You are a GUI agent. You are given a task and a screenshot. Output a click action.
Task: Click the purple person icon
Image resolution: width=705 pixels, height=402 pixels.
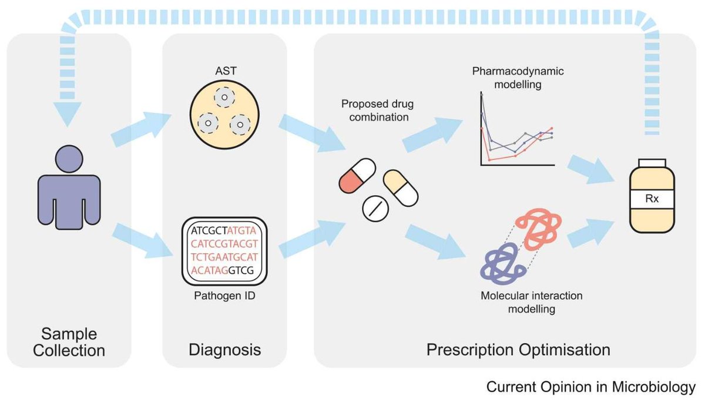click(69, 188)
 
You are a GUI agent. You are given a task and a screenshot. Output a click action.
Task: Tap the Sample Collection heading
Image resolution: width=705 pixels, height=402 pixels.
click(69, 342)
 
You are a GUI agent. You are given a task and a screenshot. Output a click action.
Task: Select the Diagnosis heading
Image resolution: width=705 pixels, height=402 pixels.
click(225, 350)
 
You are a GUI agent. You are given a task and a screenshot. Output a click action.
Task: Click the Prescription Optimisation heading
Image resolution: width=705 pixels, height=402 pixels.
click(518, 350)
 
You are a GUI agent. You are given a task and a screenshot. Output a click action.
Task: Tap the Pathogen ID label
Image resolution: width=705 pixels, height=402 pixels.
click(224, 295)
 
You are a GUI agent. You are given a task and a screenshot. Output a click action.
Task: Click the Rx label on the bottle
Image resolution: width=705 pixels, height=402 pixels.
click(652, 199)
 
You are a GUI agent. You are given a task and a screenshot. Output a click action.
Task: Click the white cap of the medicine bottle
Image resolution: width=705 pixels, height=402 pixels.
click(652, 162)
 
